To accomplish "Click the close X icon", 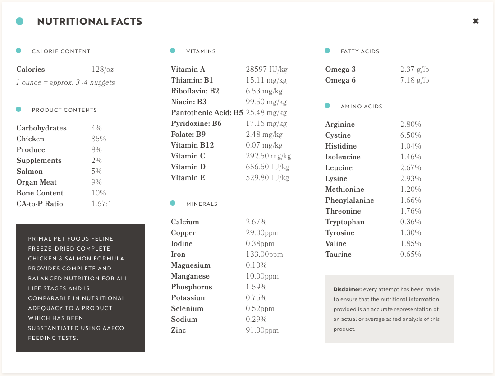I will coord(476,21).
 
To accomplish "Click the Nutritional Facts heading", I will coord(90,21).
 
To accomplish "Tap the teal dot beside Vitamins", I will coord(173,51).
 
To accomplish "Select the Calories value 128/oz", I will coord(102,70).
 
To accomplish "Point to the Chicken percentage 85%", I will coord(99,139).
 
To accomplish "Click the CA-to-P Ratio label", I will coord(40,204).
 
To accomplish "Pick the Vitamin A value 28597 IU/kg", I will coord(266,70).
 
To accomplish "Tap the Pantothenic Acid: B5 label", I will coord(207,113).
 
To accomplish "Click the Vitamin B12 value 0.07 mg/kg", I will coord(264,145).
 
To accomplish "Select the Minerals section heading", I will coord(202,204).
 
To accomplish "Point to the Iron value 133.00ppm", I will coord(264,255).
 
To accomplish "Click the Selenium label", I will coord(187,309).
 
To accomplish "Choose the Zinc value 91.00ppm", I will coord(262,330).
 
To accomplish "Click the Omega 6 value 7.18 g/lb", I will coord(414,80).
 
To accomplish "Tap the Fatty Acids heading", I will coord(360,51).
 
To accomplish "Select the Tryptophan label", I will coord(345,222).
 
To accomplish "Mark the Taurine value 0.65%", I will coord(410,255).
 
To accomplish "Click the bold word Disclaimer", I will coord(347,289).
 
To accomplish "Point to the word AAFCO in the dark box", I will coord(113,328).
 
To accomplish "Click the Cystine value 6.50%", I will coord(410,135).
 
